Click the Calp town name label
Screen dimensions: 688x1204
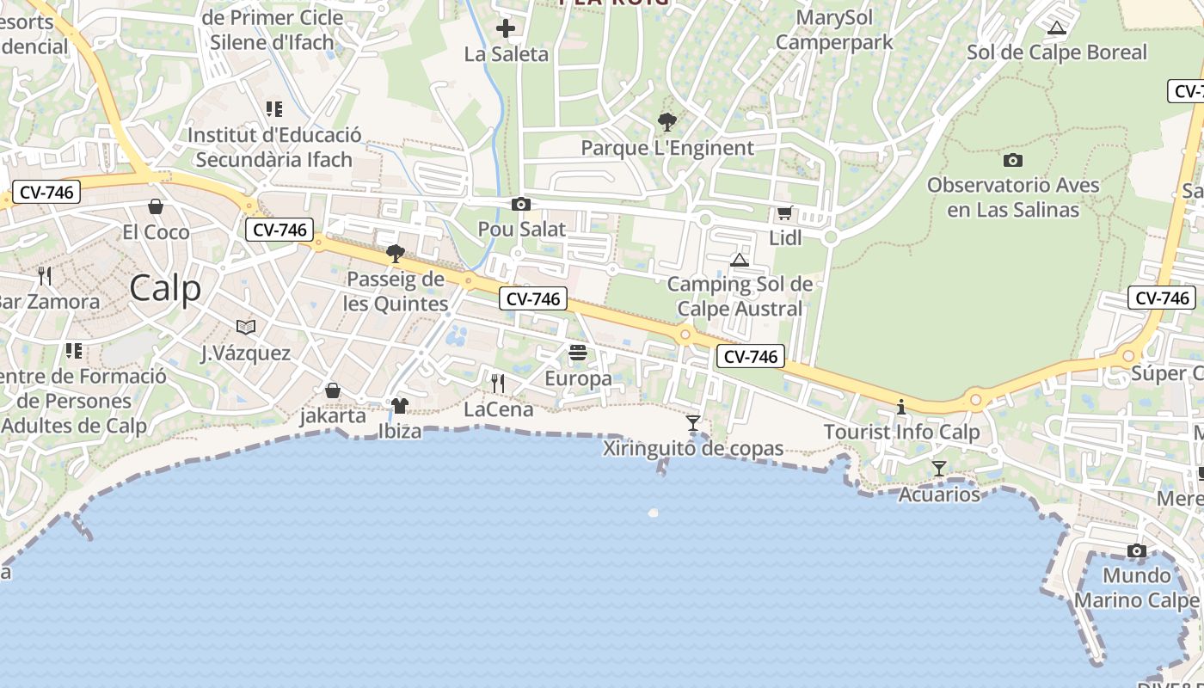pyautogui.click(x=165, y=289)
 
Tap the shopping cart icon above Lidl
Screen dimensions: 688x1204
pyautogui.click(x=784, y=213)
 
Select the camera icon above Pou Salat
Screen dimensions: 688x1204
pyautogui.click(x=520, y=205)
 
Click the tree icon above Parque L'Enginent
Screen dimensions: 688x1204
pyautogui.click(x=666, y=122)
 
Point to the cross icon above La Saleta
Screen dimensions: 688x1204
pyautogui.click(x=506, y=29)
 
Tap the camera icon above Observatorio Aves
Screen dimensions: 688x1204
pyautogui.click(x=1013, y=160)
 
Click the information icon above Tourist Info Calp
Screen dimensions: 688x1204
pyautogui.click(x=901, y=407)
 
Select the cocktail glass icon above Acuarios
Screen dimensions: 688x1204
pyautogui.click(x=939, y=469)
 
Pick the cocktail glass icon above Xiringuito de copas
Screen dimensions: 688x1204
pyautogui.click(x=693, y=422)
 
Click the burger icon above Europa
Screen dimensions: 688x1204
pyautogui.click(x=578, y=353)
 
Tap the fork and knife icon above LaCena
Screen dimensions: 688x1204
pyautogui.click(x=498, y=384)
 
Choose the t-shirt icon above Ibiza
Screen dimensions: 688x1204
pyautogui.click(x=400, y=405)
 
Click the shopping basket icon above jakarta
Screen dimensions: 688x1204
pyautogui.click(x=332, y=390)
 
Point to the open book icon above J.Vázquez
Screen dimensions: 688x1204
pyautogui.click(x=246, y=327)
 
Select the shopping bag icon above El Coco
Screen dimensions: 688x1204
pyautogui.click(x=156, y=206)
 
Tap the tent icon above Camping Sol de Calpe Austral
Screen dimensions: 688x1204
pyautogui.click(x=740, y=260)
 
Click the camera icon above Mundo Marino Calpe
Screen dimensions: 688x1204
pyautogui.click(x=1137, y=550)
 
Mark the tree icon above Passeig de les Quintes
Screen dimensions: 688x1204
pyautogui.click(x=396, y=253)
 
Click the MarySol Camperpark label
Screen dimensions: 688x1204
pyautogui.click(x=833, y=30)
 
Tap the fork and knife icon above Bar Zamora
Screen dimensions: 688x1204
pyautogui.click(x=45, y=276)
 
